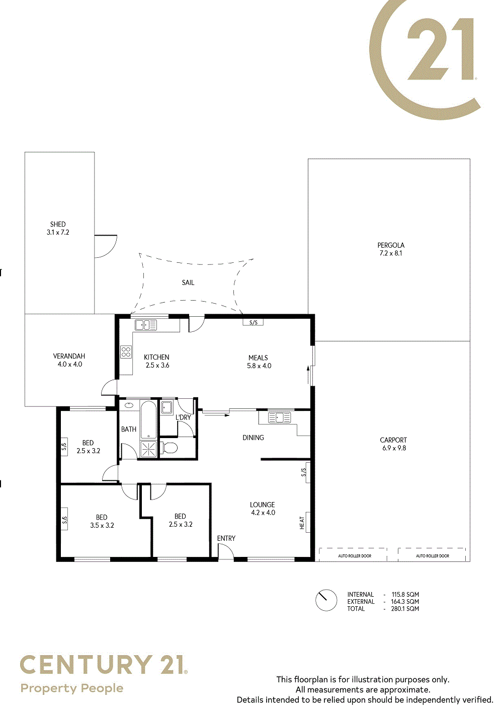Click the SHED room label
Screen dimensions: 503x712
pos(58,225)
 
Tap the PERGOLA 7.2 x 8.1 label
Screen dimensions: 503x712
pos(391,249)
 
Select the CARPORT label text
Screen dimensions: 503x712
pos(393,440)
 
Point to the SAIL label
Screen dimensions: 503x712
pos(188,282)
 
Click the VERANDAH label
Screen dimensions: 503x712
pos(69,357)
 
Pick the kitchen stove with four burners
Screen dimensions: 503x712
pos(126,352)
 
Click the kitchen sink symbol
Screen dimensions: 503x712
pos(146,325)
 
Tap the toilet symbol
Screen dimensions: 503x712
pos(169,448)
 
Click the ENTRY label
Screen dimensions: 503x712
pos(226,538)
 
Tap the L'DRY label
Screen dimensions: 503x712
pos(183,417)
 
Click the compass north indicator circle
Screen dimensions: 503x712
pos(326,600)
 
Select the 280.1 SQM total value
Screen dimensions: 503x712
pos(405,609)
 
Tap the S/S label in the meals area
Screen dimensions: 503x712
pos(253,323)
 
